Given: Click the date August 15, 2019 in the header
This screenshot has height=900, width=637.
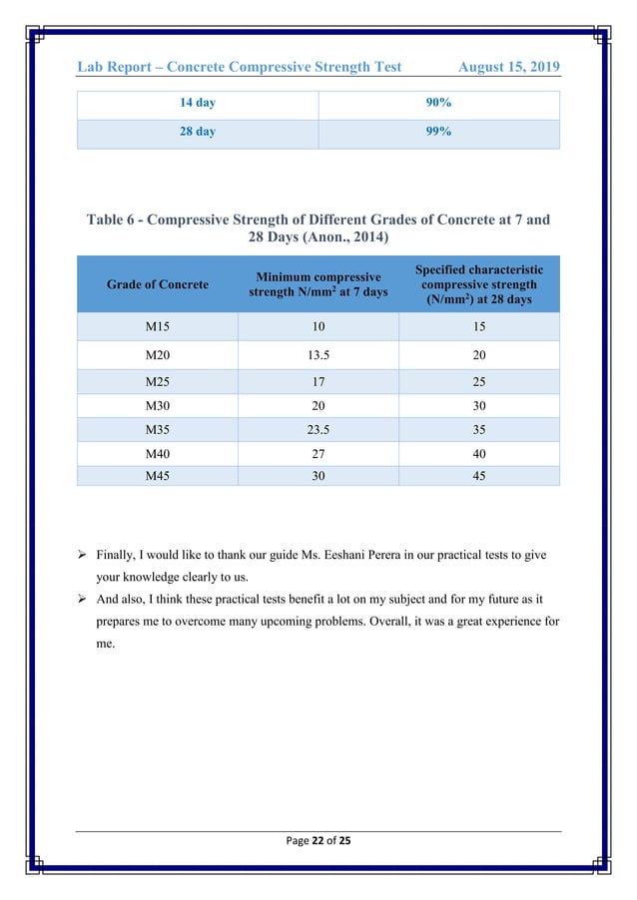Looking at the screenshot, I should coord(508,67).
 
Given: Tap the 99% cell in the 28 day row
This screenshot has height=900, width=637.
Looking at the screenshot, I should coord(438,133).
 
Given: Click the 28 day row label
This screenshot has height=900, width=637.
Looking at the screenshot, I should coord(197,133).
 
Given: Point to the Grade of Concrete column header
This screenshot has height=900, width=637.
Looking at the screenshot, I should coord(158,284).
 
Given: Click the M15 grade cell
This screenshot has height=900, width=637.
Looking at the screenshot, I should coord(158,327).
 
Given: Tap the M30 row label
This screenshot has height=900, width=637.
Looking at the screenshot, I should coord(158,407).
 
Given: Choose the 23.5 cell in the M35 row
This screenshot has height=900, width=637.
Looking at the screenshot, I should coord(318,432).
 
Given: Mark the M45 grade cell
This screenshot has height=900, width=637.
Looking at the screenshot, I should coord(158,476).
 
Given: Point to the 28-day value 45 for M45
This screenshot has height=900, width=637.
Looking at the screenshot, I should coord(479,476).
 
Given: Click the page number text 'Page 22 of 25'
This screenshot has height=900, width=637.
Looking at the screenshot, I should coord(318,840).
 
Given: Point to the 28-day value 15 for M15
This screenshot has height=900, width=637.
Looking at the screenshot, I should coord(479,327).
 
